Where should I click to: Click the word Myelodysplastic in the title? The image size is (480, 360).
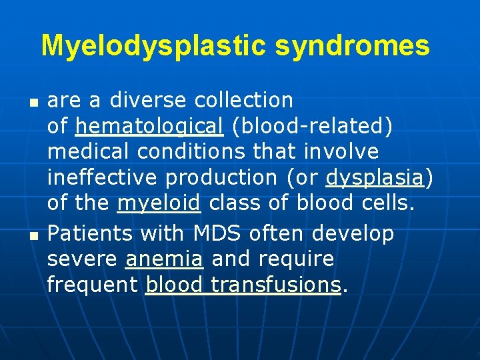(x=154, y=45)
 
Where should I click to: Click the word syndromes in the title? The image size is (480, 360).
(x=353, y=45)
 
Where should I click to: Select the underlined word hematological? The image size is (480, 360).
(x=149, y=125)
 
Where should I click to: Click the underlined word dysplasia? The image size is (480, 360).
(x=375, y=177)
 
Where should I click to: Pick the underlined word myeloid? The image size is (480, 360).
(x=159, y=203)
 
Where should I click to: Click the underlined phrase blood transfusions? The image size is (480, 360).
(x=243, y=285)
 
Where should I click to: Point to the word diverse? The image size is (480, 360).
(x=148, y=100)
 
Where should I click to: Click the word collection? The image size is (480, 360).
(x=244, y=100)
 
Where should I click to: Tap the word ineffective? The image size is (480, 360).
(x=103, y=177)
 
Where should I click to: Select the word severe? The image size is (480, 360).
(x=83, y=259)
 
